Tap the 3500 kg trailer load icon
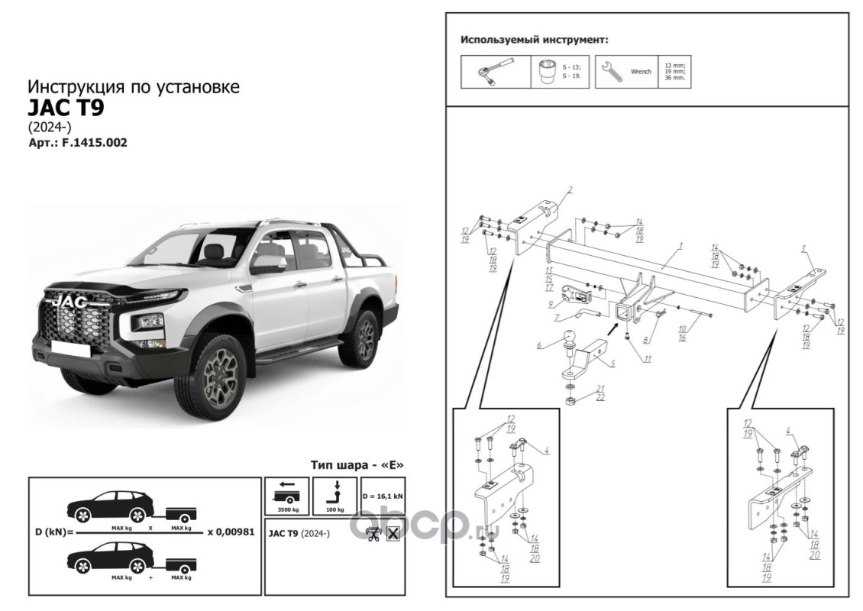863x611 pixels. (286, 495)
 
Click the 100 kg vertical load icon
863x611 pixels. (336, 495)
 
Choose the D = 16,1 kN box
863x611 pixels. (383, 495)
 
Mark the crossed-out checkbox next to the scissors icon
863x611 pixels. (393, 534)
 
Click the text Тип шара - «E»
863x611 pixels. (357, 465)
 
